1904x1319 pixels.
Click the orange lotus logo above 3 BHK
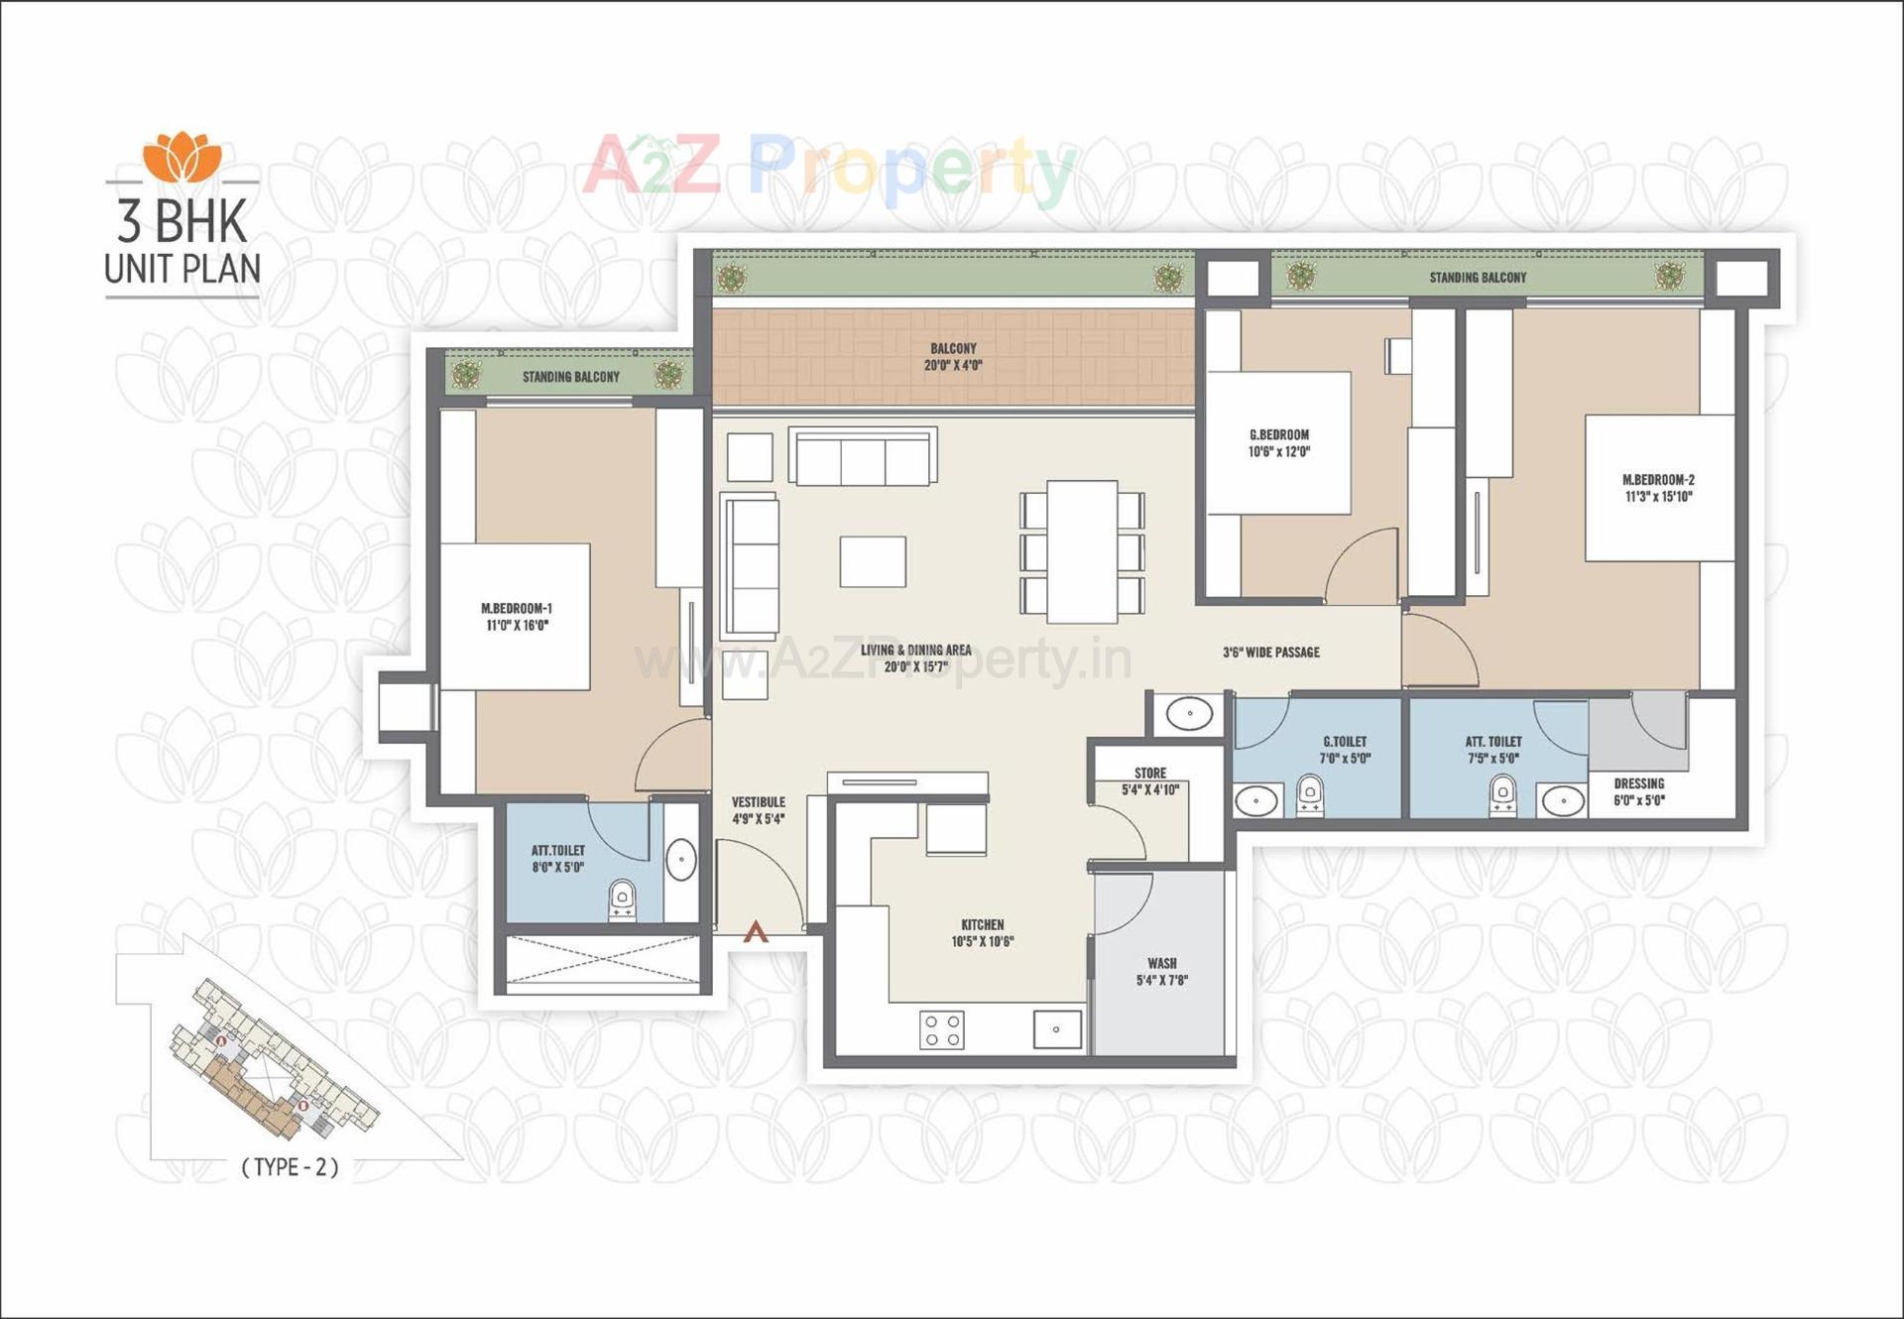181,157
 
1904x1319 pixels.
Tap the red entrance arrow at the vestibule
756,931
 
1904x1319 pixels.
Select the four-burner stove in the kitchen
941,1029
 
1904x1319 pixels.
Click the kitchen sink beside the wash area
1057,1029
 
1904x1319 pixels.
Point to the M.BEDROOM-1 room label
517,617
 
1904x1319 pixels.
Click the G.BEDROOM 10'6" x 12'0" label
1279,443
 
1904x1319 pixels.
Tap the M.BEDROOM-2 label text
1658,488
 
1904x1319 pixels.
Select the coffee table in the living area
873,561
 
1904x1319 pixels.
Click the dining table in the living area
1082,551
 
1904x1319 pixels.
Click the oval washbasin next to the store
1189,713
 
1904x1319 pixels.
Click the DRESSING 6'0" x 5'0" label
1638,791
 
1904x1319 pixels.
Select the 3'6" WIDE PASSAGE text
1270,653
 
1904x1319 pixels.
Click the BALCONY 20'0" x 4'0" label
953,357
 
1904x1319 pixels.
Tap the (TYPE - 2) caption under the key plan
290,1167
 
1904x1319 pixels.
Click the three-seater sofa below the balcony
863,458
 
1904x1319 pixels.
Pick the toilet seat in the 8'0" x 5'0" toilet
622,898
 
